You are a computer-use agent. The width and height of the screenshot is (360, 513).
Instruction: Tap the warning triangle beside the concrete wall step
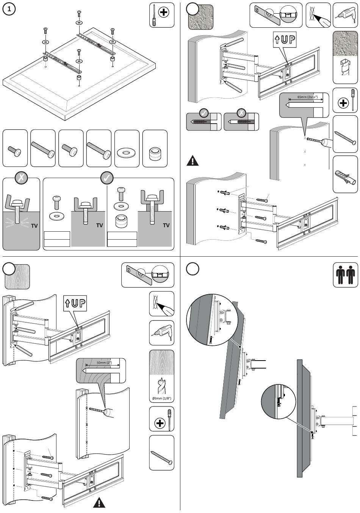point(193,161)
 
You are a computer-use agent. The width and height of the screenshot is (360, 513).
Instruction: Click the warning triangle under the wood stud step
point(99,503)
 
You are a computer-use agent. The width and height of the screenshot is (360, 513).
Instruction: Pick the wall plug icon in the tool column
point(345,175)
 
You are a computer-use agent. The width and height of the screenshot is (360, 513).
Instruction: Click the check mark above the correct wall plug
point(203,113)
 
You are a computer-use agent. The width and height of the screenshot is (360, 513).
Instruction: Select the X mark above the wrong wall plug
point(241,113)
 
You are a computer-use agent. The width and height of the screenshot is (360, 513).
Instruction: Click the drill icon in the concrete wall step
point(345,15)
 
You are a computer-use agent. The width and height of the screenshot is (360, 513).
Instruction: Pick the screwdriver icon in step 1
point(162,15)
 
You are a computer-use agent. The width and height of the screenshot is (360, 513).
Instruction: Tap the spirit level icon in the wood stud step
point(147,276)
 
